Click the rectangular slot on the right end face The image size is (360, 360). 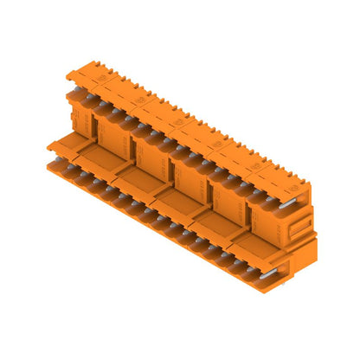click(x=297, y=227)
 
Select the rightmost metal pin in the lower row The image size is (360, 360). click(x=271, y=273)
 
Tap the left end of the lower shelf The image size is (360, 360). click(x=49, y=147)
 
